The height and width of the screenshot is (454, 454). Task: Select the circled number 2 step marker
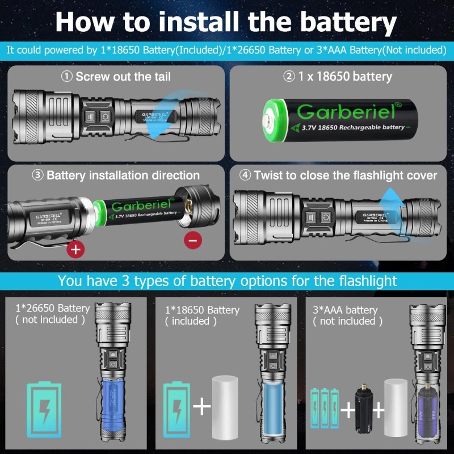[290, 76]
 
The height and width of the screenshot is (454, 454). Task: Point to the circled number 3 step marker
[38, 175]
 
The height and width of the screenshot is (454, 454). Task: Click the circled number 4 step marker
[245, 175]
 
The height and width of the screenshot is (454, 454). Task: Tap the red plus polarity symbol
[75, 249]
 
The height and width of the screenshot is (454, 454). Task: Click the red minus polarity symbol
[193, 241]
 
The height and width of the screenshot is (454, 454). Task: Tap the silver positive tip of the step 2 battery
[267, 120]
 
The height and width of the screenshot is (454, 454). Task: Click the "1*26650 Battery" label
[52, 308]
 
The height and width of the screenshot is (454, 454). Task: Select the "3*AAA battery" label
[345, 310]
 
